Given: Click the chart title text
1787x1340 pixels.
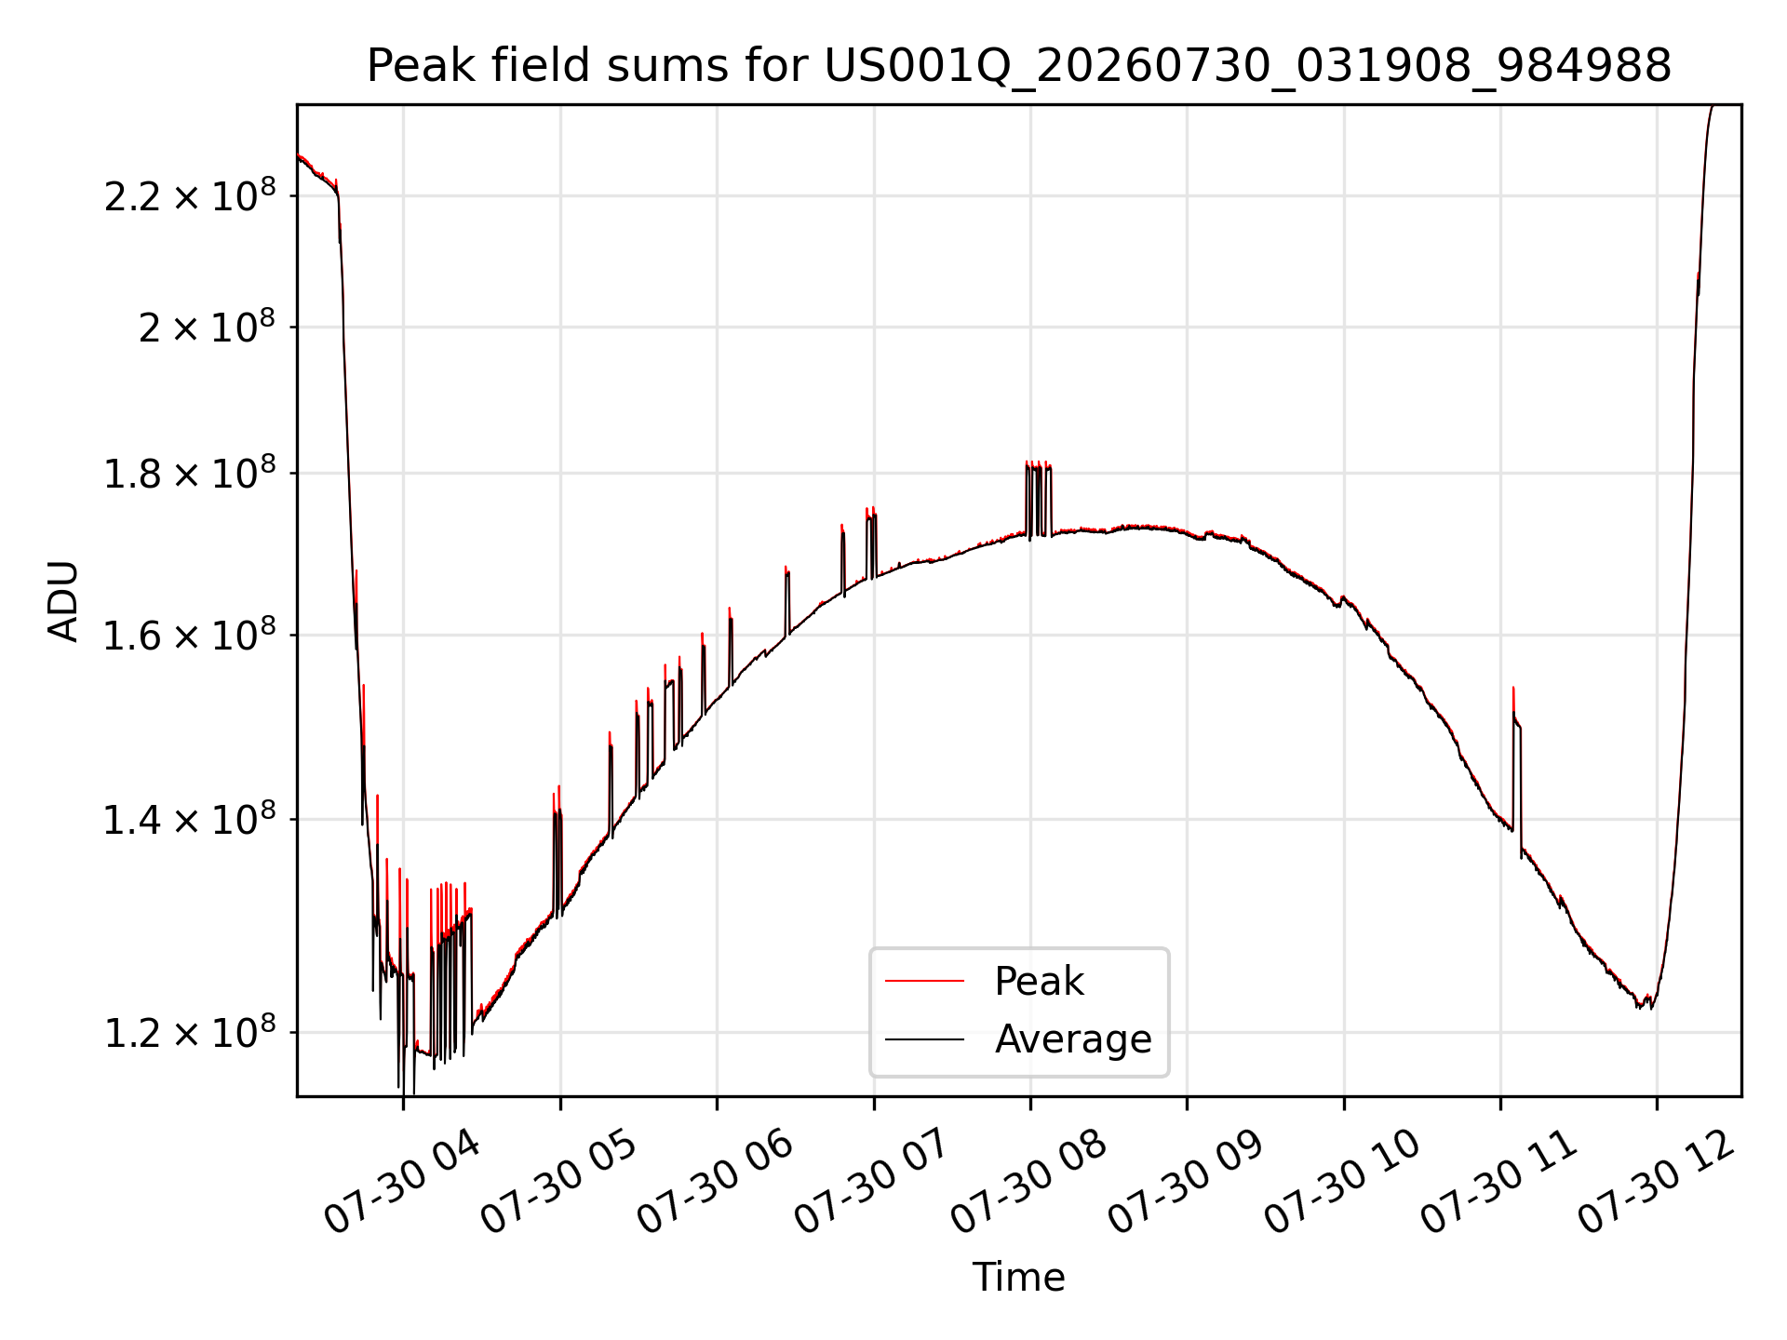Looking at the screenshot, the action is (1019, 66).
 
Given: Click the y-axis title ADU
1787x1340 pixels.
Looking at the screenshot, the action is (63, 601).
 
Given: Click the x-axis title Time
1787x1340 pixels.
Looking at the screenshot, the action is (1019, 1277).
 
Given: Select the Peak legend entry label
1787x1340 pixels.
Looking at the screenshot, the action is (1039, 981).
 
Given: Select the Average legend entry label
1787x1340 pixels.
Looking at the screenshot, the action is (1073, 1038).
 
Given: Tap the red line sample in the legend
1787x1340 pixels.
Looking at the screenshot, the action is (924, 981).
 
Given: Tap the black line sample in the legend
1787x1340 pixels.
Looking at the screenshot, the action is (924, 1038).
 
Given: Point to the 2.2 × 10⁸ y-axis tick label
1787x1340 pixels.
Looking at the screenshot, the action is (190, 196).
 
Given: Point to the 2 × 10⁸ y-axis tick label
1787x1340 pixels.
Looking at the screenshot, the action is (207, 327).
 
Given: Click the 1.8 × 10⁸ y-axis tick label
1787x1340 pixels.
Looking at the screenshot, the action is (190, 473).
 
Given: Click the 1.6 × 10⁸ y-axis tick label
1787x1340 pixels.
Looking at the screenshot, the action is (190, 636).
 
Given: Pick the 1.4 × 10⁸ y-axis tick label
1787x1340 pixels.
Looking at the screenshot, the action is (190, 820).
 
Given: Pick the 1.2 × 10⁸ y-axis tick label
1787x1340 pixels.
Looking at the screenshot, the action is (190, 1032).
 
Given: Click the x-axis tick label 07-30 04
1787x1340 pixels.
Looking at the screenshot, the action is (402, 1183).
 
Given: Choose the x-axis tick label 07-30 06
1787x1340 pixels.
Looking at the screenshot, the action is (716, 1183).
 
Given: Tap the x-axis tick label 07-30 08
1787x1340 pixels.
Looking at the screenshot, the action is (1029, 1183).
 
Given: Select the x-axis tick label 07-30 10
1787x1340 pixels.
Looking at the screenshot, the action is (1343, 1183).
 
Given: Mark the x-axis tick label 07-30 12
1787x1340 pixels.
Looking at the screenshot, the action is (1657, 1183).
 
